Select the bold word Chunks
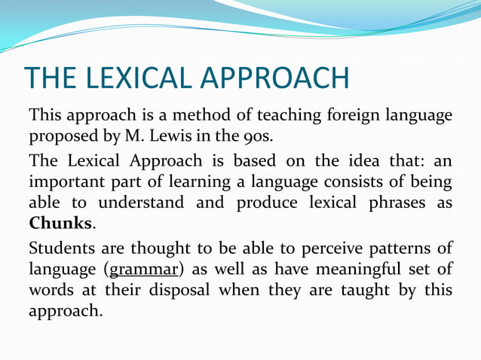click(61, 224)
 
